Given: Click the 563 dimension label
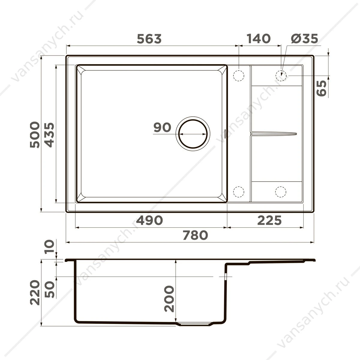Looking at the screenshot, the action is tap(149, 39).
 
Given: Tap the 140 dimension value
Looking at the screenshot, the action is tap(259, 39).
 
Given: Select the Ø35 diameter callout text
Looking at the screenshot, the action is tap(304, 39).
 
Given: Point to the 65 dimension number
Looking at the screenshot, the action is tap(321, 88).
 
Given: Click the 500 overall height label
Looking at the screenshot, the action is tap(35, 135).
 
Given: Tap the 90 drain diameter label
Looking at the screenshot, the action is tap(162, 127).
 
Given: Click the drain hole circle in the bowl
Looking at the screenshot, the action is tap(193, 120).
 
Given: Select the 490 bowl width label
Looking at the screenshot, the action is tap(149, 220).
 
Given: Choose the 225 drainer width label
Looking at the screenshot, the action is tap(269, 220).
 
